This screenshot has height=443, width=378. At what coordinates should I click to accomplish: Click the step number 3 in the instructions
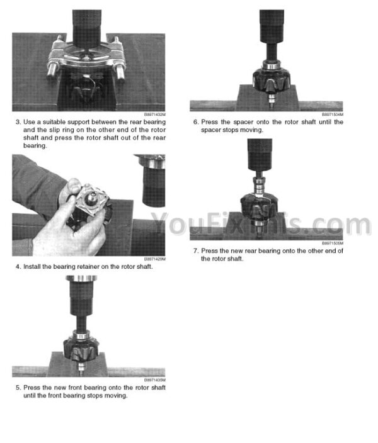[x=18, y=122]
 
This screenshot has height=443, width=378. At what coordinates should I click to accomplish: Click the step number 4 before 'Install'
[x=18, y=267]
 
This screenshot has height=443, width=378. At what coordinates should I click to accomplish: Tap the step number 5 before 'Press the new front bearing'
[x=18, y=388]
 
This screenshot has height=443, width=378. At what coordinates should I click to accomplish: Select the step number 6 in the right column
[x=196, y=122]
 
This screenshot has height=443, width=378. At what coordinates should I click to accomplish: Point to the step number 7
[x=196, y=251]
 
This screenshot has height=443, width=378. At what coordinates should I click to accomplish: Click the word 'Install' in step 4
[x=32, y=267]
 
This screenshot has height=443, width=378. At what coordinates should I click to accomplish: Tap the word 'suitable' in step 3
[x=54, y=122]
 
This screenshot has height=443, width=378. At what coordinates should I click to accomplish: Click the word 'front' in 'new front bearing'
[x=75, y=388]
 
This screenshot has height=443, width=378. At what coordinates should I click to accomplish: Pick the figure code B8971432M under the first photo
[x=155, y=115]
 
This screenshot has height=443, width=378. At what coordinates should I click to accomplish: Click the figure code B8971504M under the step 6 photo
[x=333, y=115]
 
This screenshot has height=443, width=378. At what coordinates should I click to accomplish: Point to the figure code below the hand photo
[x=155, y=259]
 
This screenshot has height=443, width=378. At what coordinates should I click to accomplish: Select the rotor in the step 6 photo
[x=271, y=80]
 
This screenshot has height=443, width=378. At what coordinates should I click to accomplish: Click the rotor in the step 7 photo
[x=259, y=208]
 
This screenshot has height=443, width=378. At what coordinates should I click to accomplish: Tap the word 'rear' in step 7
[x=251, y=251]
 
